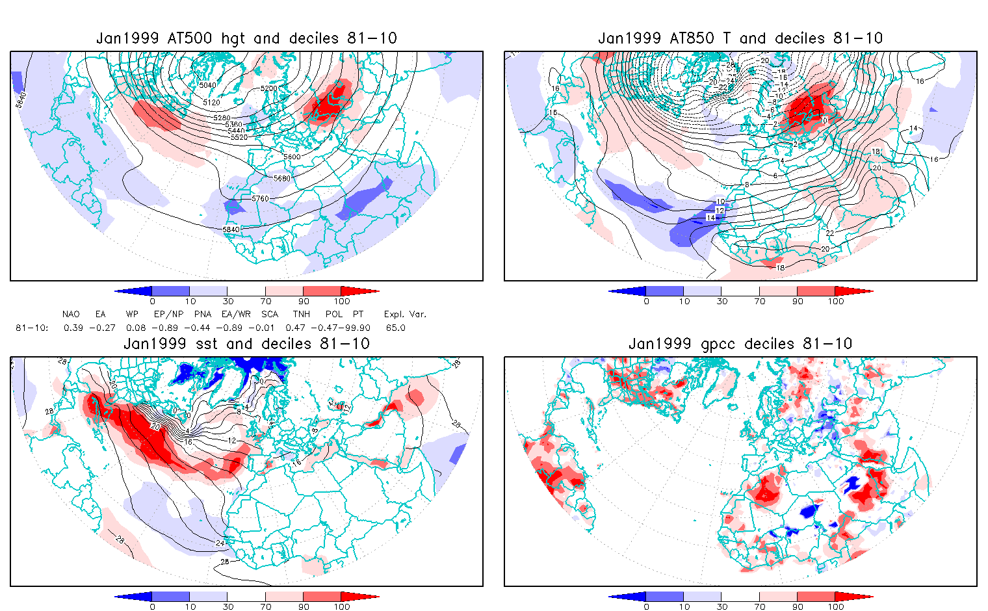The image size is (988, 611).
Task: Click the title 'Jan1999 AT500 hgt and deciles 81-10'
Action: [246, 38]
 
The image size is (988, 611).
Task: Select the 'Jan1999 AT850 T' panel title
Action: [740, 38]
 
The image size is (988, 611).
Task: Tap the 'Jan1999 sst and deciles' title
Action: [246, 344]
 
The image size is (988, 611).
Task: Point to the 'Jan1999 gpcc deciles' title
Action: [740, 344]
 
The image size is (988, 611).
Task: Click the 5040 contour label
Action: [208, 85]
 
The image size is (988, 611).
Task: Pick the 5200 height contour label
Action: [268, 88]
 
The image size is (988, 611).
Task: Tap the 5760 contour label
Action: [260, 199]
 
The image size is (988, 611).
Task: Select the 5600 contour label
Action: [292, 157]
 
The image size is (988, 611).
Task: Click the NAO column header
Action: [71, 315]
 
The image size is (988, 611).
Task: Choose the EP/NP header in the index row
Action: [168, 315]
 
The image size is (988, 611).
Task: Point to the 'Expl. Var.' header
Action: [405, 315]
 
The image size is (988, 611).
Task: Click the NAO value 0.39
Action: [73, 328]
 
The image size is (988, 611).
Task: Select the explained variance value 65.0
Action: [395, 328]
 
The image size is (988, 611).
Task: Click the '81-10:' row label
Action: [32, 328]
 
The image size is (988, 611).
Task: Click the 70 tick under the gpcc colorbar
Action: [759, 606]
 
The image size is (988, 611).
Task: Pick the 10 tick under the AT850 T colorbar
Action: [684, 302]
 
